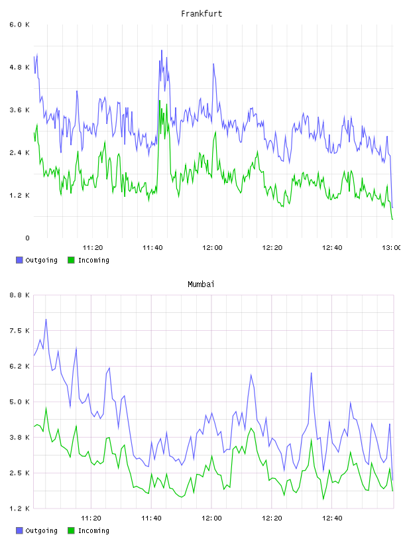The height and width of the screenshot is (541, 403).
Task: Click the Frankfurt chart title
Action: pos(201,14)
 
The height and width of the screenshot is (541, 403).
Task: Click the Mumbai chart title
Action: pos(201,284)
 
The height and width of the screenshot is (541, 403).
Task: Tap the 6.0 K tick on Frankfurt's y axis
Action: pos(20,25)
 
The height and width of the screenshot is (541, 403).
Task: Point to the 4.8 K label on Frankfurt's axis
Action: pos(20,67)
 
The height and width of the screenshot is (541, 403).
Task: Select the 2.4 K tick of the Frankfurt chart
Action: pos(20,152)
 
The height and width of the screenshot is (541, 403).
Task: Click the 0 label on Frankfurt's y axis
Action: pos(27,238)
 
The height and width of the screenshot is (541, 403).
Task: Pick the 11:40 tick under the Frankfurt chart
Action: pos(152,247)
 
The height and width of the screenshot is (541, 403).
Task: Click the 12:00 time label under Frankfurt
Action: pos(212,247)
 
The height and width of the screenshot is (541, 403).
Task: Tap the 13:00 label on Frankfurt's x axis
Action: pos(392,247)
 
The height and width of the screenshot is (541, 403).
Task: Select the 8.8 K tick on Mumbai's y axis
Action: pos(20,295)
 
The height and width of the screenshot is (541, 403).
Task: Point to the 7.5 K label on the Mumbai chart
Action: pos(20,331)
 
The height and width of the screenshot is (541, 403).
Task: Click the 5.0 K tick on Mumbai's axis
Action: pos(20,402)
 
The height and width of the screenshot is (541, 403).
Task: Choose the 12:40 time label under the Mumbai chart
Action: pos(332,518)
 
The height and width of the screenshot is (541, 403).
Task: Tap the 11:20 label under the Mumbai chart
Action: pos(91,518)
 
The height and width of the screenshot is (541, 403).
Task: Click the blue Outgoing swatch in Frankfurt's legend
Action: pos(19,260)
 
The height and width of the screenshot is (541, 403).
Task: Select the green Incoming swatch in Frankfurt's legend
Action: pos(71,260)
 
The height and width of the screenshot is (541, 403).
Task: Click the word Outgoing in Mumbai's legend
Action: pos(41,530)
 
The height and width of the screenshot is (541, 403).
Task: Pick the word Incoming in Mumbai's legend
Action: pos(93,530)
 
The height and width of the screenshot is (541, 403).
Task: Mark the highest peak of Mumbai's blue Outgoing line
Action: pos(46,320)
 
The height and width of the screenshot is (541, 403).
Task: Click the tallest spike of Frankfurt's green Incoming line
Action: pos(160,101)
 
